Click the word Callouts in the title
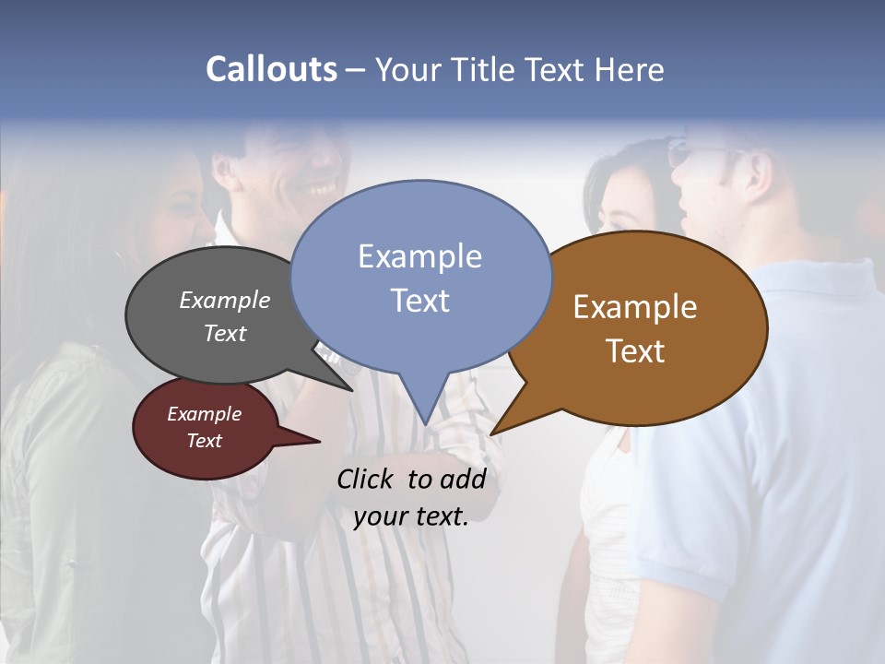click(271, 69)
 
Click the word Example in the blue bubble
click(420, 255)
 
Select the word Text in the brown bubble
click(635, 350)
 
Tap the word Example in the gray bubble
click(225, 300)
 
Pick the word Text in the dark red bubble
click(205, 441)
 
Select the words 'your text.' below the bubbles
click(411, 516)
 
